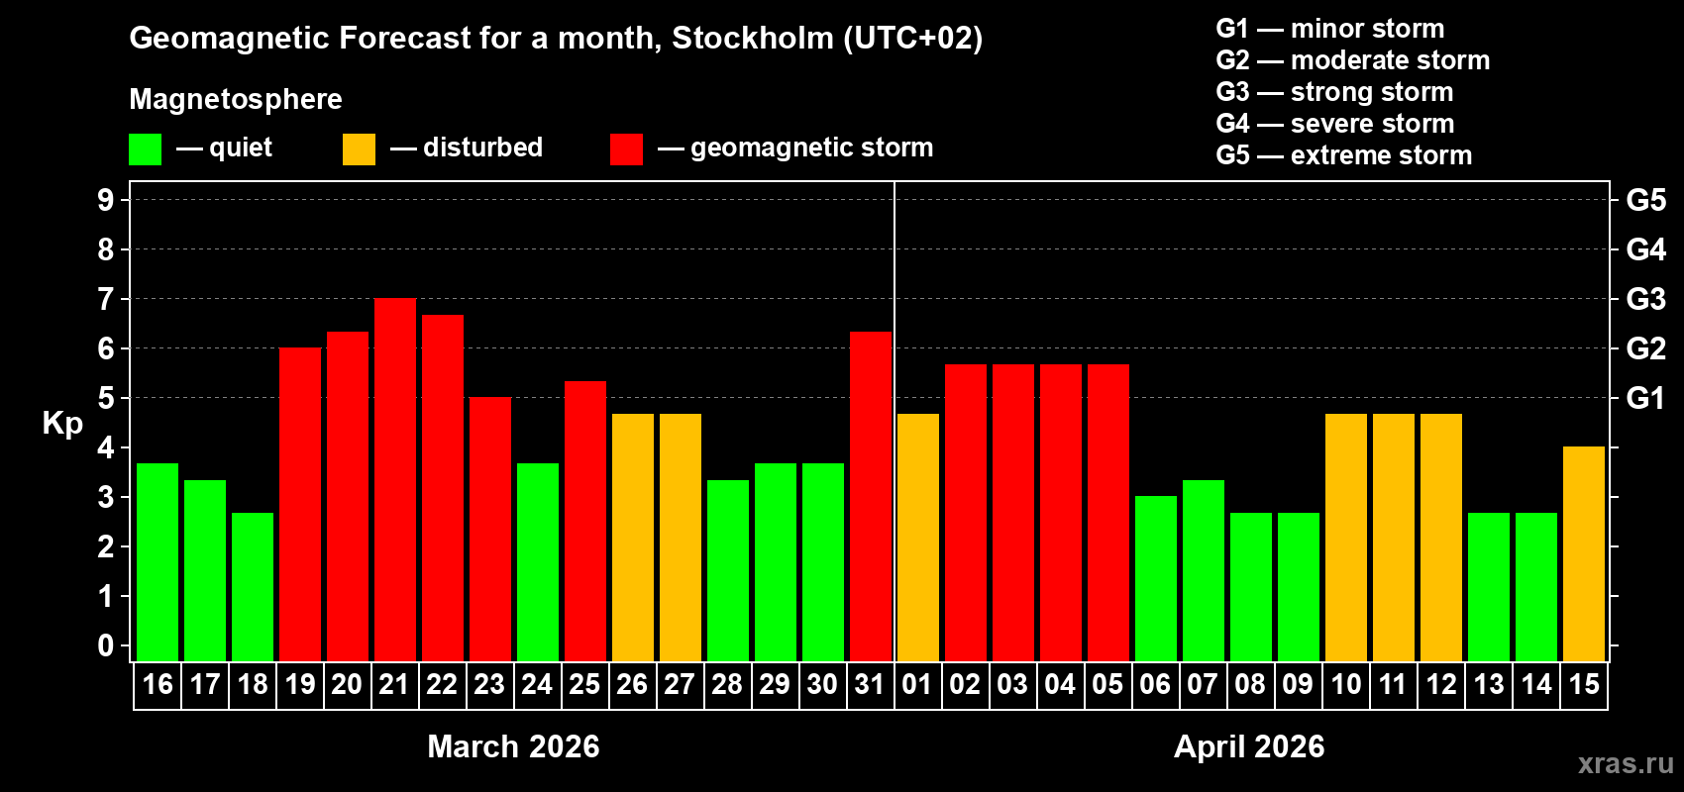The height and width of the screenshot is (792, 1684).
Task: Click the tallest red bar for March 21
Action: point(395,479)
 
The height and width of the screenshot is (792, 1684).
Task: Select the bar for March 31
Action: point(871,496)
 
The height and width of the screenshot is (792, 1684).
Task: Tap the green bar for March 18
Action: point(253,586)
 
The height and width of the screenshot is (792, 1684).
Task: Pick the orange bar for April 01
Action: point(918,537)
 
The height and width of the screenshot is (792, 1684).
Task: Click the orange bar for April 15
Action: point(1584,553)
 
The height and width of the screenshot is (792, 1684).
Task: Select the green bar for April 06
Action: point(1156,578)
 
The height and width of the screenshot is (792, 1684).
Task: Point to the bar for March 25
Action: point(585,521)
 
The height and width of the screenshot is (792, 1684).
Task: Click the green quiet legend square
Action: point(146,149)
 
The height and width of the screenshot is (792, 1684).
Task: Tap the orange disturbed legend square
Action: point(360,149)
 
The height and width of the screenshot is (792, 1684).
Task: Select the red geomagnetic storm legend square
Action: point(626,149)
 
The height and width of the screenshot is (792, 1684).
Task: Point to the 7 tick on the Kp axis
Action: point(106,299)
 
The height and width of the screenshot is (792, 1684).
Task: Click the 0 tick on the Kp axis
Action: point(106,645)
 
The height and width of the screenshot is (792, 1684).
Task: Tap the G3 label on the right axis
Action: point(1645,299)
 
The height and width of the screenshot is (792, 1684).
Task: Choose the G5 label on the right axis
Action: point(1645,200)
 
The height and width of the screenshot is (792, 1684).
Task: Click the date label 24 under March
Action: point(537,684)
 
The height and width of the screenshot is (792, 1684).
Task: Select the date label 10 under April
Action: point(1345,684)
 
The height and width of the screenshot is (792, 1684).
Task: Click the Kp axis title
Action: point(62,424)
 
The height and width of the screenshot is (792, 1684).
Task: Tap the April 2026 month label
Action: point(1249,746)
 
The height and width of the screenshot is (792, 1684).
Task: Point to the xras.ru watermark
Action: point(1626,763)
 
